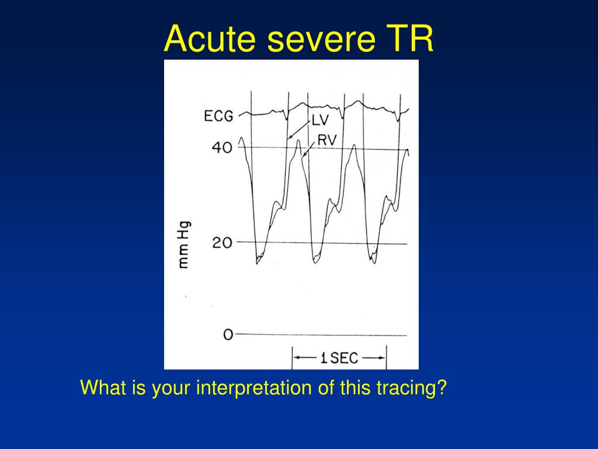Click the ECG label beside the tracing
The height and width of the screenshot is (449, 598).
[218, 116]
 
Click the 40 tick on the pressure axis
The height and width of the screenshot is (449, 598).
[222, 148]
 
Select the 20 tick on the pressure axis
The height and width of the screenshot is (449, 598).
[222, 243]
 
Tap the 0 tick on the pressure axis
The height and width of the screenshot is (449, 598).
[228, 335]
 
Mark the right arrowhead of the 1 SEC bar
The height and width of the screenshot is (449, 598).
[383, 358]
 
